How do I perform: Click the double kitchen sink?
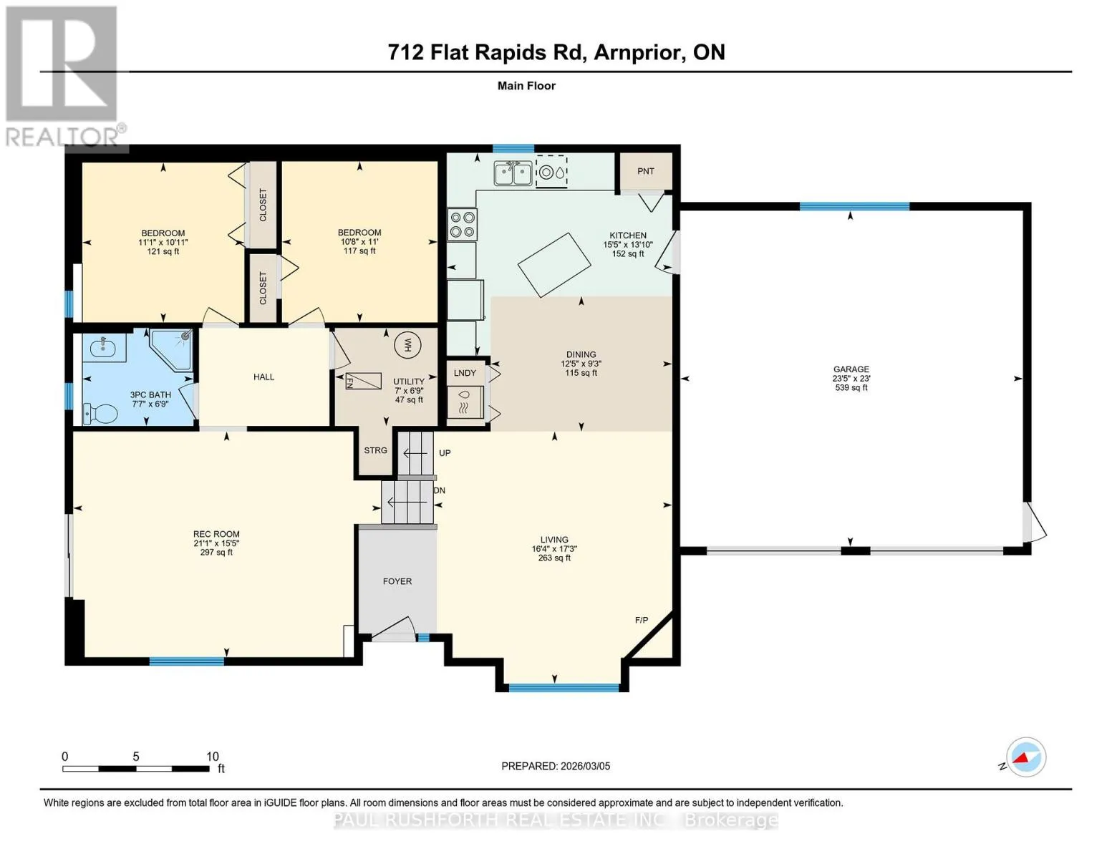coord(513,173)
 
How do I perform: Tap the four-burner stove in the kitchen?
coord(463,225)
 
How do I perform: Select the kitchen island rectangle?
coord(554,265)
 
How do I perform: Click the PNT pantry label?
coord(645,171)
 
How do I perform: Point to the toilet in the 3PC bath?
coord(101,413)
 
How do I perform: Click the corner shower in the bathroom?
coord(171,350)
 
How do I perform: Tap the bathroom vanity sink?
coord(105,348)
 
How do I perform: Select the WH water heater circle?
coord(408,345)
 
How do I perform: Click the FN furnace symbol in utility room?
coord(363,381)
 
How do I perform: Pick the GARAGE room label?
coord(851,369)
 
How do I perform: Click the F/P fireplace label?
coord(641,620)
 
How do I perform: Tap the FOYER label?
coord(397,581)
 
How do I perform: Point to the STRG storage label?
coord(375,450)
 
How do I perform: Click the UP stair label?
coord(445,453)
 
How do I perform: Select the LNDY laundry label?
coord(465,373)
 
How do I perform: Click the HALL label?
coord(264,377)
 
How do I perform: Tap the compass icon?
coord(1025,757)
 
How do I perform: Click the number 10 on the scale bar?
coord(213,756)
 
